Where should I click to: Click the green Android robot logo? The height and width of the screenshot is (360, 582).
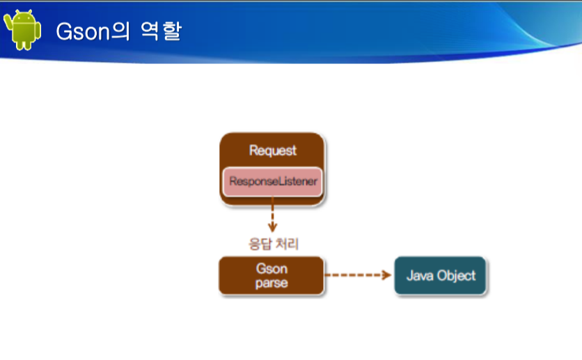point(22,30)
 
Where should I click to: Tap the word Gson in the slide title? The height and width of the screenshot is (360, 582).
point(83,31)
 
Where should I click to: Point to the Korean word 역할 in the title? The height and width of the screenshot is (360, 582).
point(161,31)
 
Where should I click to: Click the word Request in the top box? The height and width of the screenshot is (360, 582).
point(273,150)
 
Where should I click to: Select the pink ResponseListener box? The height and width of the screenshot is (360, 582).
point(272,182)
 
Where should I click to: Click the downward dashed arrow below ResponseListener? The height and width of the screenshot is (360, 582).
point(272,214)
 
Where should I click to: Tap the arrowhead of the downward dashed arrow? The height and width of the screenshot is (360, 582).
point(272,227)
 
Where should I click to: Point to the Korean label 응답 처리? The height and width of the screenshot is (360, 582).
point(274,244)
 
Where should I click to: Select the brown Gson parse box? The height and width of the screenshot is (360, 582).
point(272,276)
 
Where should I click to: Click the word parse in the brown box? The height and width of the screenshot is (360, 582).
point(272,283)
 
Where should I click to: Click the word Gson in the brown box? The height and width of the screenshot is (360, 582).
point(272,269)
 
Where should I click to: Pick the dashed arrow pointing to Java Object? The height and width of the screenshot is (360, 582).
point(358,275)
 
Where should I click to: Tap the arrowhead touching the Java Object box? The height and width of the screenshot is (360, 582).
point(387,275)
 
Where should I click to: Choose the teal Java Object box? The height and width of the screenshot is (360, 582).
point(440,276)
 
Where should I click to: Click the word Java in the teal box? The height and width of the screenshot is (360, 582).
point(420,276)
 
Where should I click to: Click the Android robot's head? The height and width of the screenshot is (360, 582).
point(23,16)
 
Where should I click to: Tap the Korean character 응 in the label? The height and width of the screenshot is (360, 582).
point(255,244)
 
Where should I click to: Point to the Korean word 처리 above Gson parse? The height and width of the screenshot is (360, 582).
point(288,244)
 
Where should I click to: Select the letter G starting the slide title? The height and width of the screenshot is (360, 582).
point(64,31)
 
